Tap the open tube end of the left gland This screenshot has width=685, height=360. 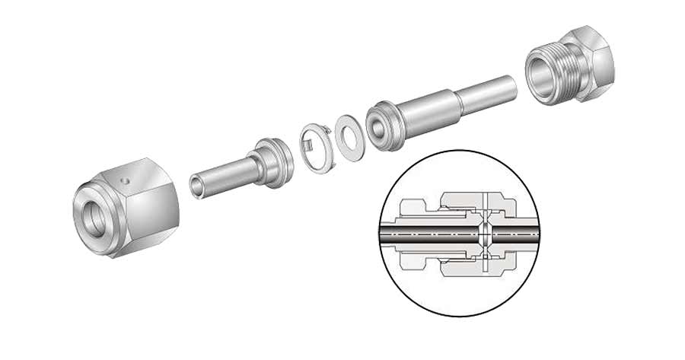(197, 186)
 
